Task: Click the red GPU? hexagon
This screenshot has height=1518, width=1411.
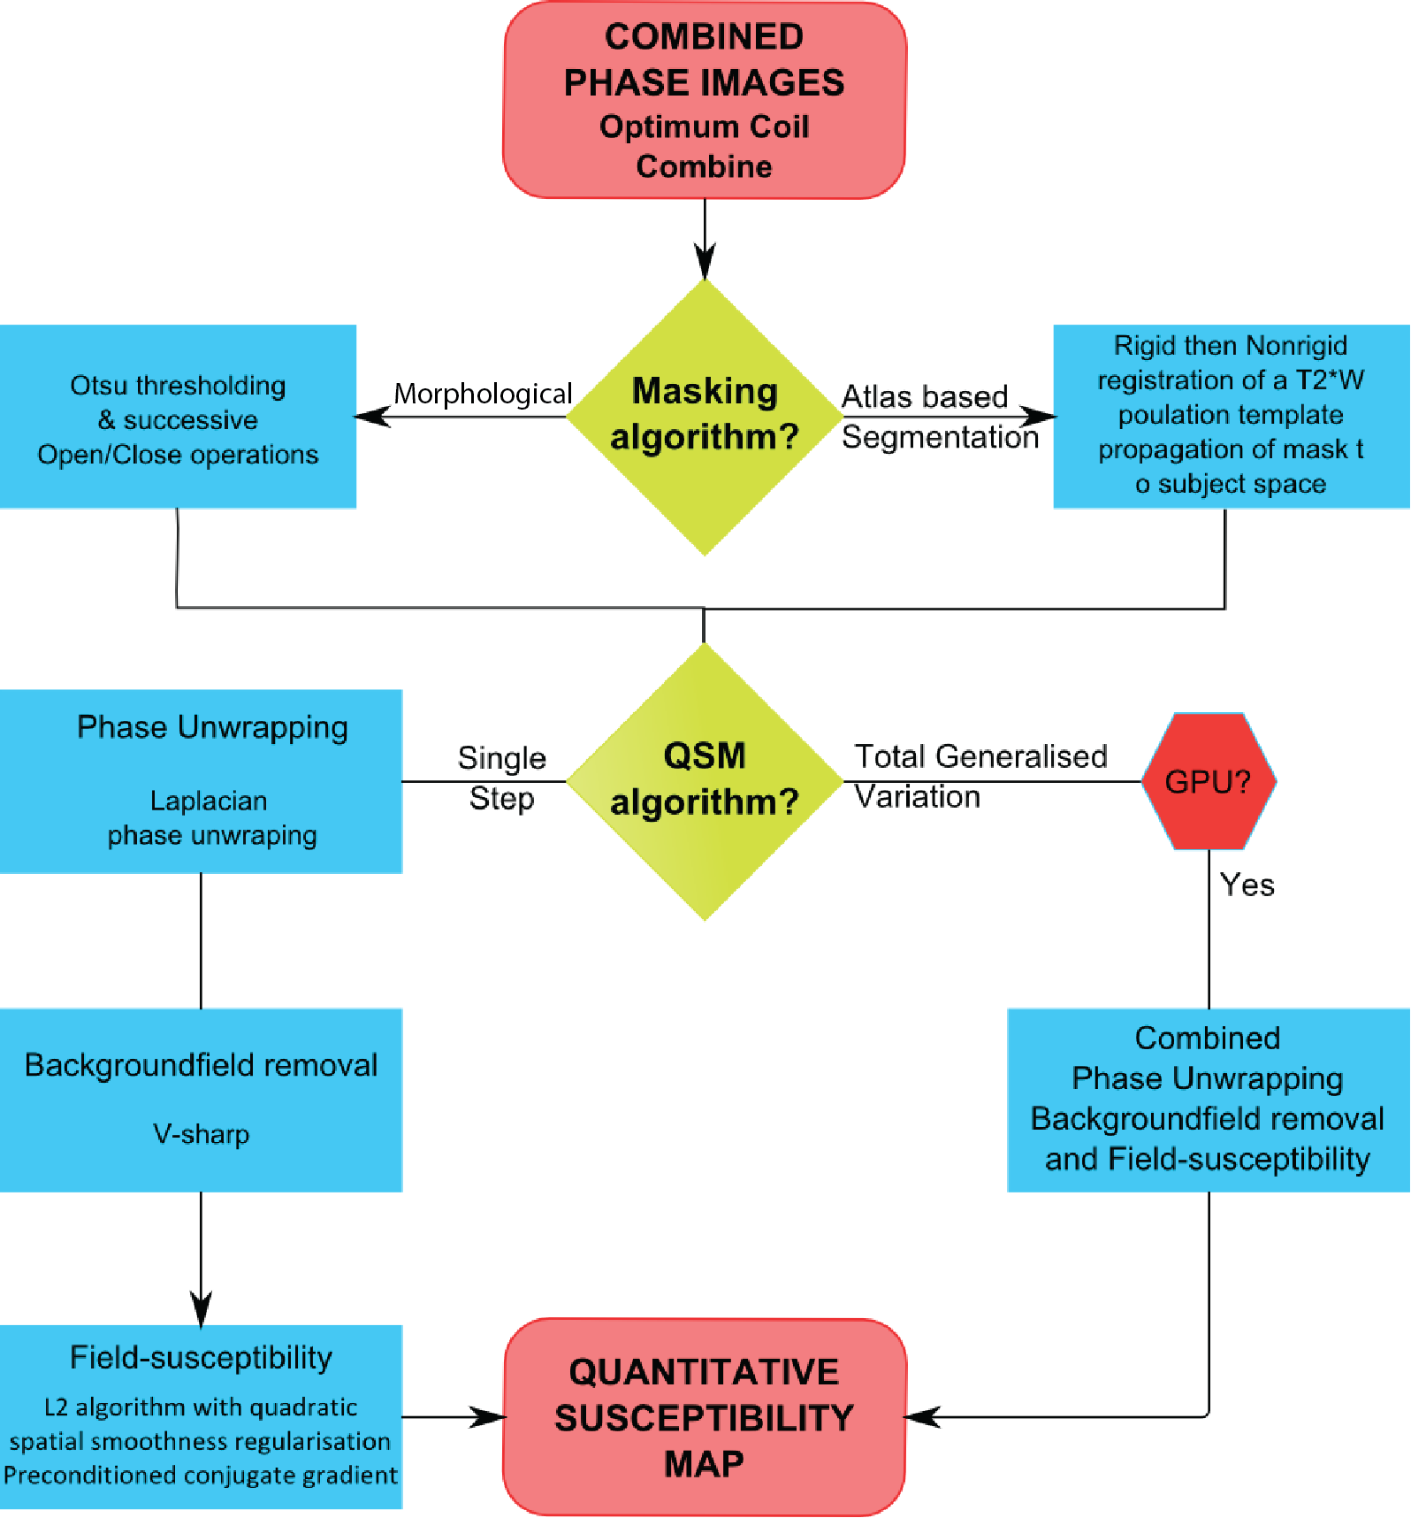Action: (1209, 781)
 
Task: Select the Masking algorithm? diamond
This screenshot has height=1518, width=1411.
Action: (705, 416)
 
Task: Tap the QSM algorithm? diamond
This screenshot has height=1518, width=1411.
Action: (705, 780)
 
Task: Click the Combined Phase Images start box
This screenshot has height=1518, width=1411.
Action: (705, 100)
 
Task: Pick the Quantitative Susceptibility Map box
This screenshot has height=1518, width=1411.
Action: (705, 1417)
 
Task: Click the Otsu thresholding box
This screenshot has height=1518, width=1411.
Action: (178, 417)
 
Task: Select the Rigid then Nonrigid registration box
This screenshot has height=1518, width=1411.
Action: (1231, 416)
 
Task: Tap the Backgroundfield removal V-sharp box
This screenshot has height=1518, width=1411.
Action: (201, 1100)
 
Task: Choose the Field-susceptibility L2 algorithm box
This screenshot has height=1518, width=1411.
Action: (201, 1416)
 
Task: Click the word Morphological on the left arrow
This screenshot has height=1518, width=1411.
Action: (483, 394)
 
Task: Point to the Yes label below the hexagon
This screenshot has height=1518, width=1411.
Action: (1247, 885)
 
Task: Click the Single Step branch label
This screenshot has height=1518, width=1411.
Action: (501, 778)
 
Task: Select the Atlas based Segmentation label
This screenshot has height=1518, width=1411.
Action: (939, 417)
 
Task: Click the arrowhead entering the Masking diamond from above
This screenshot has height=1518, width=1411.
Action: (705, 264)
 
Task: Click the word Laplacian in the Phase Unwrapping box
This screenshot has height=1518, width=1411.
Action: (209, 801)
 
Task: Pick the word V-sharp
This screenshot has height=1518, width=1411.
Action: (201, 1134)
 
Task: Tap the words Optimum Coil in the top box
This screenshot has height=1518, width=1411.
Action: (705, 126)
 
